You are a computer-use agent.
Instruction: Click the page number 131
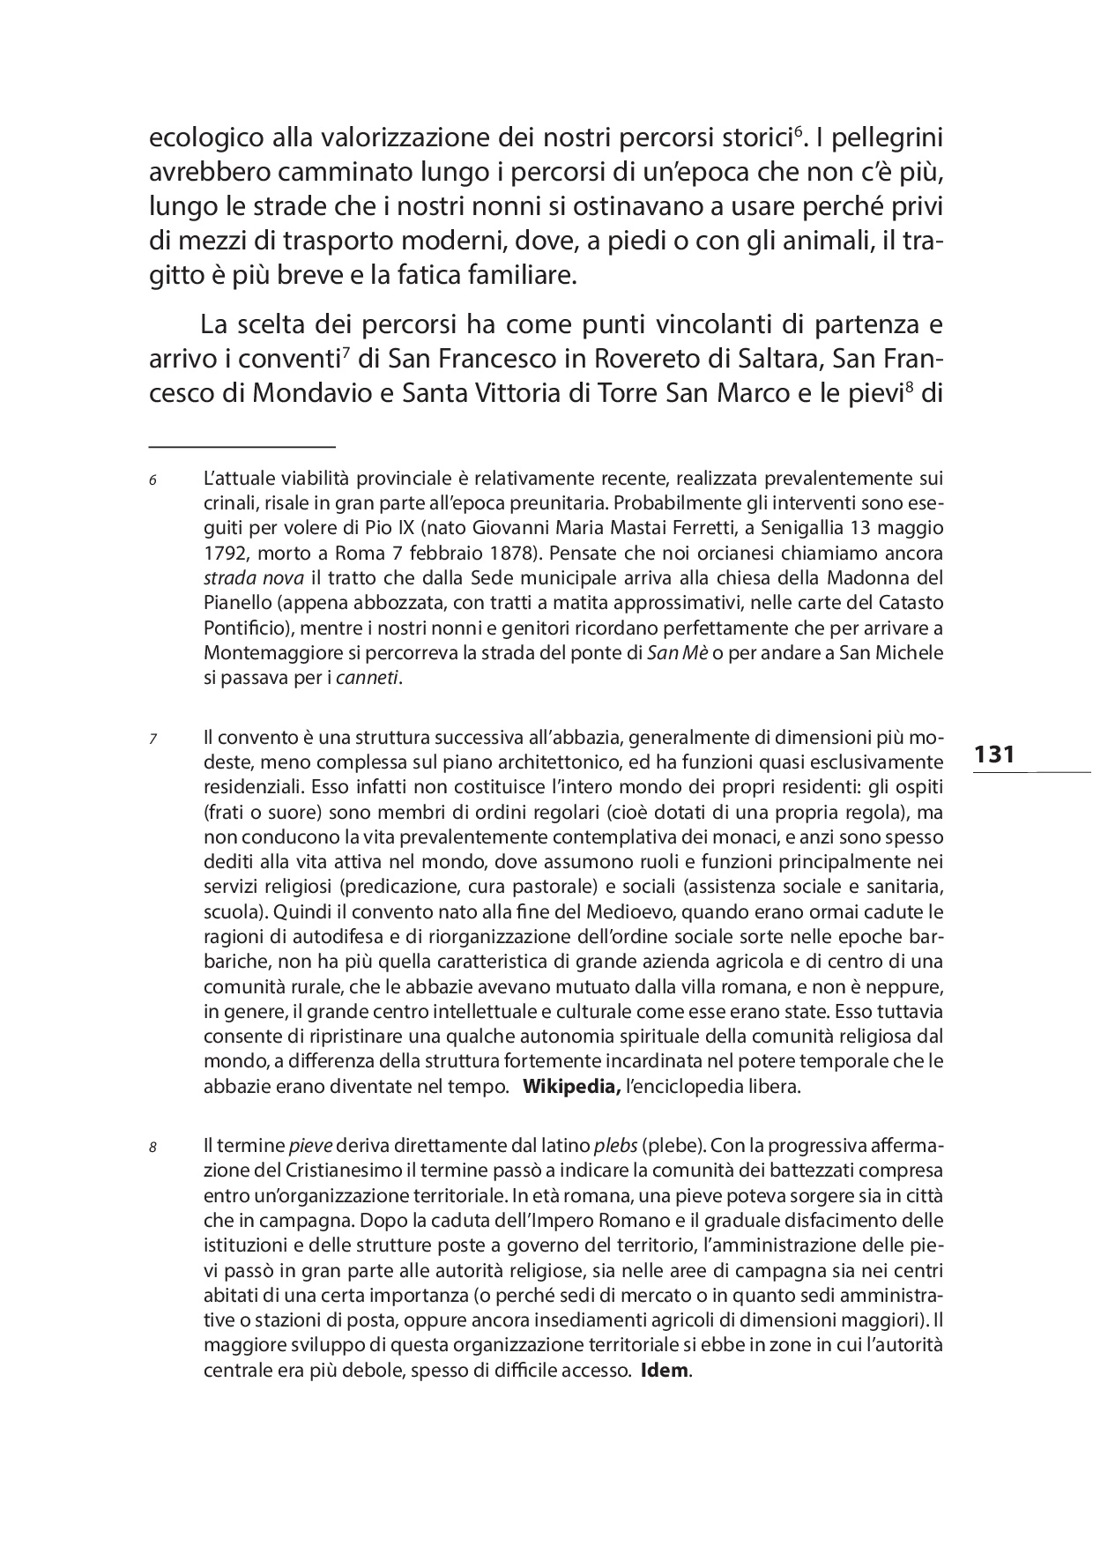994,754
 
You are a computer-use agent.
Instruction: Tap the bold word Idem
665,1371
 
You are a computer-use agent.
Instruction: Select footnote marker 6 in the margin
152,480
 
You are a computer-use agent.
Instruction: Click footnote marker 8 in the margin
152,1148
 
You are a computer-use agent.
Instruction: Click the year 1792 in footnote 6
222,554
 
